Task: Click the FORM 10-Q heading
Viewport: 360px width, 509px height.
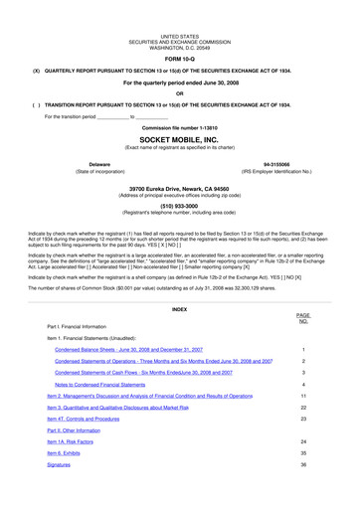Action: (180, 60)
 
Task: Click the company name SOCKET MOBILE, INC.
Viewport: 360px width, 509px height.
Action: (180, 141)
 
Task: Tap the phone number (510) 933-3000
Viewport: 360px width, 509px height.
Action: (180, 207)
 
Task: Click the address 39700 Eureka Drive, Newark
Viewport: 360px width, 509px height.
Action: (180, 188)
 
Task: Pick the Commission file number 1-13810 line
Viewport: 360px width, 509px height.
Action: (180, 128)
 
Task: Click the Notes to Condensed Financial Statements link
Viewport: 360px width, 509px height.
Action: (107, 383)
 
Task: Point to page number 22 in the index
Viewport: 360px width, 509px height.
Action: (302, 407)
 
